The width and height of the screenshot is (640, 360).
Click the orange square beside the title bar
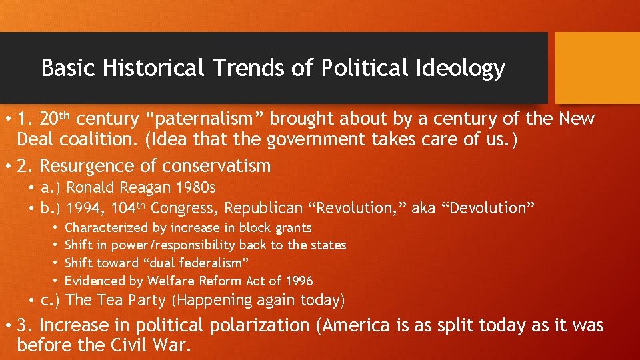[x=597, y=68]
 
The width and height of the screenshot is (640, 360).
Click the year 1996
[x=297, y=281]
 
